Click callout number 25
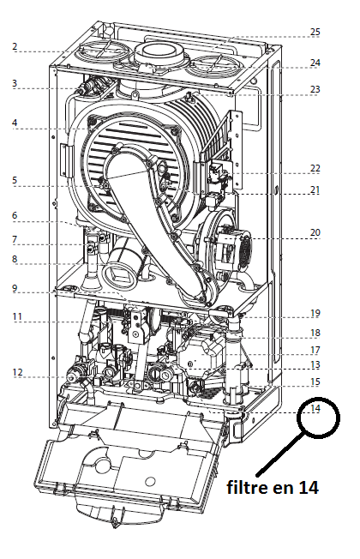pyautogui.click(x=315, y=32)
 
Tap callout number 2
pyautogui.click(x=15, y=46)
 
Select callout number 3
pyautogui.click(x=15, y=83)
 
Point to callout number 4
pyautogui.click(x=15, y=123)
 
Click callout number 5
pyautogui.click(x=15, y=180)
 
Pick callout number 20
pyautogui.click(x=315, y=232)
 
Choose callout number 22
pyautogui.click(x=315, y=168)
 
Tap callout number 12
pyautogui.click(x=17, y=372)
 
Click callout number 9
pyautogui.click(x=15, y=288)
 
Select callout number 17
pyautogui.click(x=315, y=350)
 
